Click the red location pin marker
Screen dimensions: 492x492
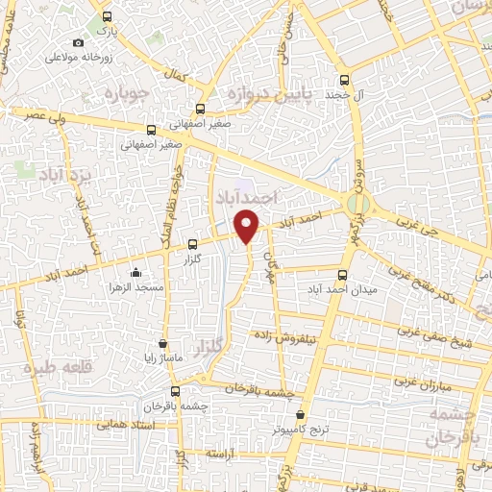coord(248,226)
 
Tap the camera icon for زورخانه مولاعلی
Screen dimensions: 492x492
coord(79,43)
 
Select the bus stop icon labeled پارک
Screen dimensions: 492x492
coord(106,17)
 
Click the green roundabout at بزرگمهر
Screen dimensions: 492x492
coord(357,204)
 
